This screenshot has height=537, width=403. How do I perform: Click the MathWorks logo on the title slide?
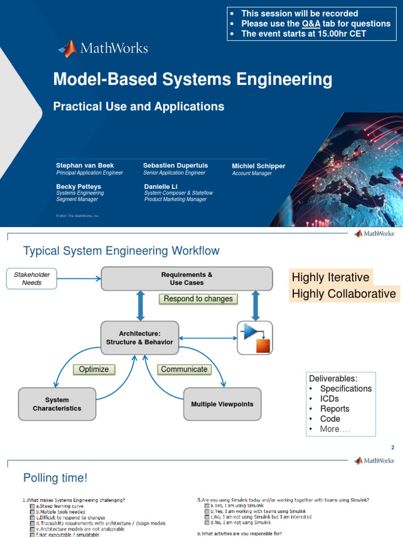(103, 49)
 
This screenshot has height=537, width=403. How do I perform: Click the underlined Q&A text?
(311, 24)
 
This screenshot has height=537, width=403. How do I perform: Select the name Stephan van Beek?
(85, 165)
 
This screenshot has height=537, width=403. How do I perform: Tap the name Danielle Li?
(162, 186)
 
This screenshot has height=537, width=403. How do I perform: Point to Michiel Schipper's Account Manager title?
(252, 174)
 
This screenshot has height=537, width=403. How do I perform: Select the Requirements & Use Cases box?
(186, 278)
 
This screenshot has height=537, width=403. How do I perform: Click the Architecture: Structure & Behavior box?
(139, 338)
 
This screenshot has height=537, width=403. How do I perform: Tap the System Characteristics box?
(57, 404)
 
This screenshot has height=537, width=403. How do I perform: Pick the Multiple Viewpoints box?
(222, 404)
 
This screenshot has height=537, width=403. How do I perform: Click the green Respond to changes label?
(198, 299)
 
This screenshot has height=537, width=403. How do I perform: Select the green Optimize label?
(93, 369)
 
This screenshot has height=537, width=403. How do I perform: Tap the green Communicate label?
(184, 369)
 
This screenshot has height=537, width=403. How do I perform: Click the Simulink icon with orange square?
(255, 338)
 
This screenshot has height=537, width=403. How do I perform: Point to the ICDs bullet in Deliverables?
(330, 399)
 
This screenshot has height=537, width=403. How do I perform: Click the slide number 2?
(392, 447)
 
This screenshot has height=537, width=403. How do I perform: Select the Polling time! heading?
(55, 478)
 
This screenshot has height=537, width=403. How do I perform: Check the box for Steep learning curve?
(33, 506)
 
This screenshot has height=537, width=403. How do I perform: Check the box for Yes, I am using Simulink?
(207, 506)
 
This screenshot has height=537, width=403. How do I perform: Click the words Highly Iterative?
(331, 277)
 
